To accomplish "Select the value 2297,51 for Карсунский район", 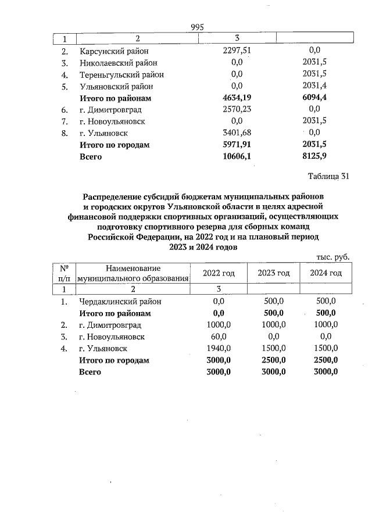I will [x=237, y=51].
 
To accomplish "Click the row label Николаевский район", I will [x=118, y=62].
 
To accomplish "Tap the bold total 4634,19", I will [x=237, y=98].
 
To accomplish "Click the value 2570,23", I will [x=237, y=109].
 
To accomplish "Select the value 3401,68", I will [x=237, y=133].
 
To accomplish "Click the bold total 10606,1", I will [x=237, y=157].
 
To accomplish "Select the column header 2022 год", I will [x=219, y=273].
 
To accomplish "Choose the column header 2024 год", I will [x=325, y=273].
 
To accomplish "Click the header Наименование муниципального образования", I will [x=134, y=273].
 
